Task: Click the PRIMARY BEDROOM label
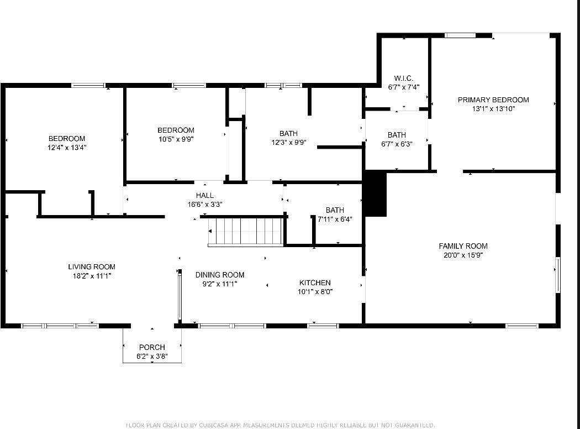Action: pyautogui.click(x=493, y=100)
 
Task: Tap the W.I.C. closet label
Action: pyautogui.click(x=403, y=78)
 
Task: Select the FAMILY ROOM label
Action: pyautogui.click(x=463, y=246)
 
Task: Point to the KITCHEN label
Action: pyautogui.click(x=315, y=282)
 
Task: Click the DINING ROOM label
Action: pyautogui.click(x=220, y=275)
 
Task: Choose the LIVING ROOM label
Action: pyautogui.click(x=92, y=266)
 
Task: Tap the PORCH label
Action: pyautogui.click(x=152, y=347)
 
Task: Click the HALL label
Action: pyautogui.click(x=204, y=195)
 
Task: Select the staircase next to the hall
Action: pyautogui.click(x=246, y=232)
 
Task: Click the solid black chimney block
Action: pyautogui.click(x=375, y=193)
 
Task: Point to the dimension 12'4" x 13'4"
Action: pyautogui.click(x=67, y=148)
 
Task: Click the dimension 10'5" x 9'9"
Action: pyautogui.click(x=176, y=139)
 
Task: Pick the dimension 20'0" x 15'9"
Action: pyautogui.click(x=463, y=255)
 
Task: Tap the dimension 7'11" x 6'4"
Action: pyautogui.click(x=335, y=219)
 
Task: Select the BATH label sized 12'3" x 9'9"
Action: pyautogui.click(x=288, y=133)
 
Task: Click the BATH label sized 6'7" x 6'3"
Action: pyautogui.click(x=397, y=134)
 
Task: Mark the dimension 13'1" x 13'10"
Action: pyautogui.click(x=493, y=109)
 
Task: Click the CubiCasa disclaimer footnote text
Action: pyautogui.click(x=280, y=425)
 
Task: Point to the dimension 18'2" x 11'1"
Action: pyautogui.click(x=92, y=275)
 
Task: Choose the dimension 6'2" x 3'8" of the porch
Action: pyautogui.click(x=152, y=357)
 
